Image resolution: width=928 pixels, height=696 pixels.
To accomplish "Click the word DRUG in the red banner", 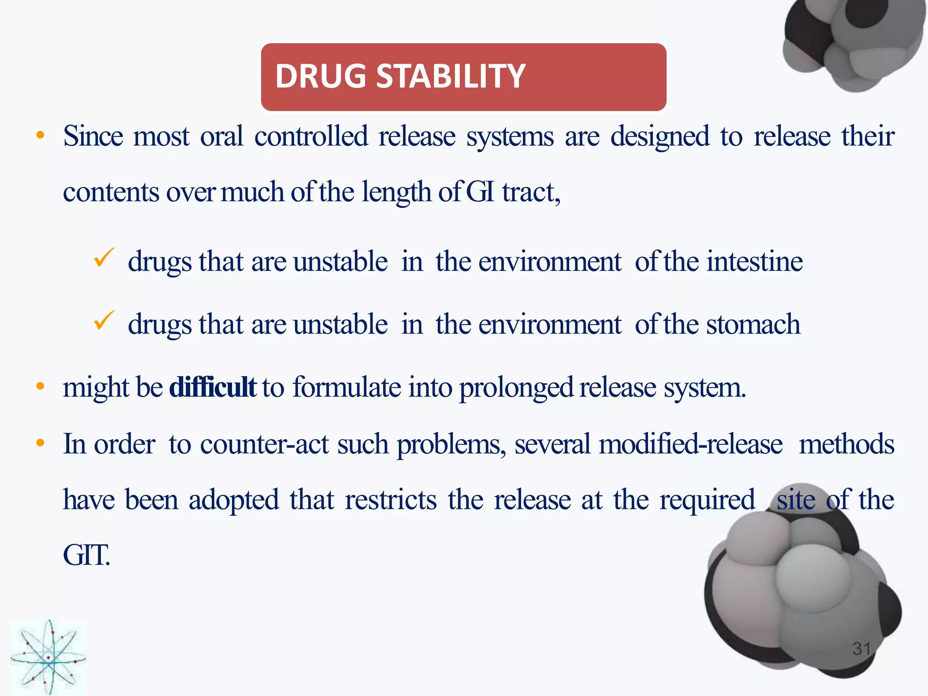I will [x=320, y=76].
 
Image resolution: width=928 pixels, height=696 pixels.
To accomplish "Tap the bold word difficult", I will [x=213, y=387].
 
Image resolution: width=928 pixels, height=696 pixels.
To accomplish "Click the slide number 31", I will [x=861, y=648].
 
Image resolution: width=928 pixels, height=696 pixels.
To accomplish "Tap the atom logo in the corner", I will [x=48, y=657].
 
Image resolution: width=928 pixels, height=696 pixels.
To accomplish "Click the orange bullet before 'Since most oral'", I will [x=41, y=135].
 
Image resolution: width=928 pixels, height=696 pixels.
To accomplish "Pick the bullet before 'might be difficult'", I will [x=41, y=387].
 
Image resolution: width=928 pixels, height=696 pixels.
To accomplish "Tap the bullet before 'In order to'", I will [x=41, y=443].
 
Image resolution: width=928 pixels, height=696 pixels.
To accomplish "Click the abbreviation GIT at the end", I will [x=86, y=556].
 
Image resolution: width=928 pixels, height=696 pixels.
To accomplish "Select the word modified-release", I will [x=691, y=444].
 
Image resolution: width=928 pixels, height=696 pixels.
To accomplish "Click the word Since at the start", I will [x=93, y=136].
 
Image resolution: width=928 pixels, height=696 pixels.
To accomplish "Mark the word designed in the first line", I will [x=660, y=137].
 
